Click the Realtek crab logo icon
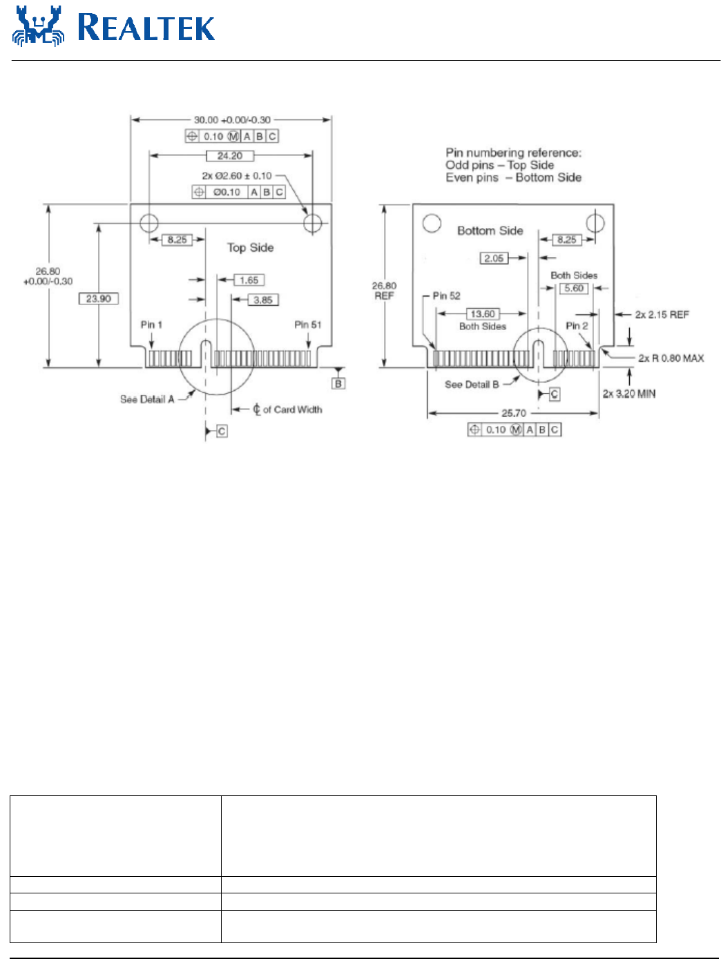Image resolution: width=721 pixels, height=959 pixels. [38, 27]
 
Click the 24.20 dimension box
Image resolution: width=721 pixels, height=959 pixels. [230, 156]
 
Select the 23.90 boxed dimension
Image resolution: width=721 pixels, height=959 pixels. [99, 299]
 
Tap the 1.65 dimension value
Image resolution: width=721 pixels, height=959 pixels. [249, 280]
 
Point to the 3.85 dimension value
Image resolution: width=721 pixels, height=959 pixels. [262, 300]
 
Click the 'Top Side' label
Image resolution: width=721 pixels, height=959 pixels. [251, 248]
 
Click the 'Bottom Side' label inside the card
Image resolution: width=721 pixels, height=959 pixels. [490, 231]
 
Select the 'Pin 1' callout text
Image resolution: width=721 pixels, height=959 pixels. [151, 324]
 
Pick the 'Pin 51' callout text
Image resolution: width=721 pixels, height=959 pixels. [307, 324]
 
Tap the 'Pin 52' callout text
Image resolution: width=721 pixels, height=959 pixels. [446, 296]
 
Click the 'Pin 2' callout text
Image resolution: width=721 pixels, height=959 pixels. [577, 326]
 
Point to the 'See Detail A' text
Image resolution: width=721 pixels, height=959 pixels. [147, 399]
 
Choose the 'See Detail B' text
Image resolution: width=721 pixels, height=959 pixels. [472, 385]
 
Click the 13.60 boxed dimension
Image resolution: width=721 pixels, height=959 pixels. [483, 314]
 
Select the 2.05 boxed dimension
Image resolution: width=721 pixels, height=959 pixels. [494, 258]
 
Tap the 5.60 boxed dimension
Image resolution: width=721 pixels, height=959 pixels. [574, 289]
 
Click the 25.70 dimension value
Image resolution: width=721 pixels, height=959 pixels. [514, 413]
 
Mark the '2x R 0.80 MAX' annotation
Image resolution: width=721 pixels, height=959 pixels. [671, 358]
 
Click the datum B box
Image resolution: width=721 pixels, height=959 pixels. [338, 383]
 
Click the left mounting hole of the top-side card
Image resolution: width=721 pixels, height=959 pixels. [149, 223]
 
